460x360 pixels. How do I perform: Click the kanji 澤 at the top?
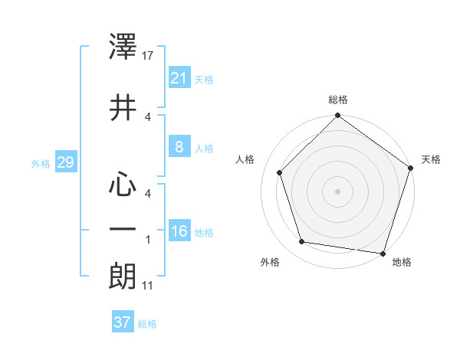[123, 49]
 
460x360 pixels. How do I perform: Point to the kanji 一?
[123, 229]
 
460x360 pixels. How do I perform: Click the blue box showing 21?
[179, 78]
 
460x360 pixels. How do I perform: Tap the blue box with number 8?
[179, 147]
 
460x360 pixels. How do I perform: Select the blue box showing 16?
[179, 231]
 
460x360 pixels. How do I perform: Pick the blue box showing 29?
[65, 162]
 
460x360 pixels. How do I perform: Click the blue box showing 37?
[122, 322]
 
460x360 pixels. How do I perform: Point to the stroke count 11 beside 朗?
[149, 286]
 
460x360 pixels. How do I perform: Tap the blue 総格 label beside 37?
[147, 324]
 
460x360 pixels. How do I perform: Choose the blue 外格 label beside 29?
[41, 163]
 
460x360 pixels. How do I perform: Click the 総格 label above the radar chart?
[338, 100]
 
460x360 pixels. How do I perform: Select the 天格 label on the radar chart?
[432, 159]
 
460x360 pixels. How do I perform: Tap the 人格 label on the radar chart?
[245, 159]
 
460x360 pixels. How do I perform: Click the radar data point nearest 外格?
[302, 242]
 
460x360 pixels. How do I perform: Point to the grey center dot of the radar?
[338, 191]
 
